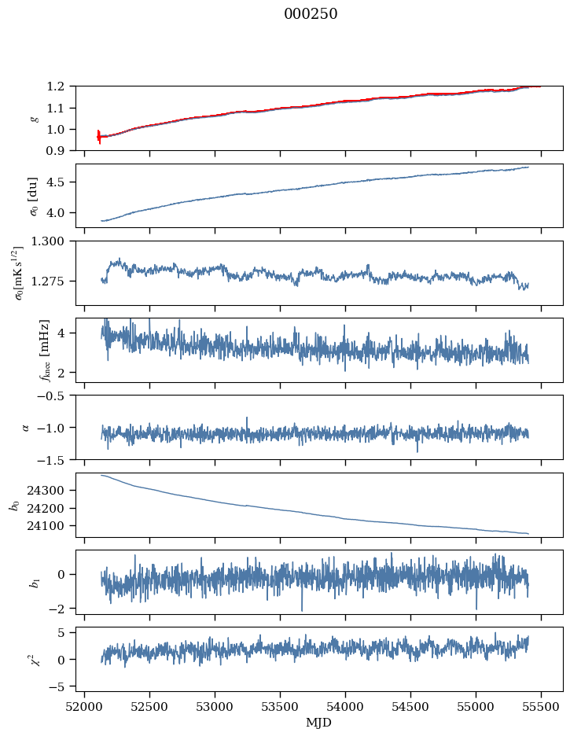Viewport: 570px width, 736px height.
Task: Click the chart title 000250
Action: tap(311, 14)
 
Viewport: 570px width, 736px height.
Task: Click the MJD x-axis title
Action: tap(318, 722)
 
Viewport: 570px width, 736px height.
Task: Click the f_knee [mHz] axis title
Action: tap(44, 350)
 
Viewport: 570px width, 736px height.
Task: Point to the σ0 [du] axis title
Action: tap(34, 195)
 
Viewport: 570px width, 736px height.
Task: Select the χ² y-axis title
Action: tap(34, 659)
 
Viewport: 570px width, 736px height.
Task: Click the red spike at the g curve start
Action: tap(98, 137)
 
